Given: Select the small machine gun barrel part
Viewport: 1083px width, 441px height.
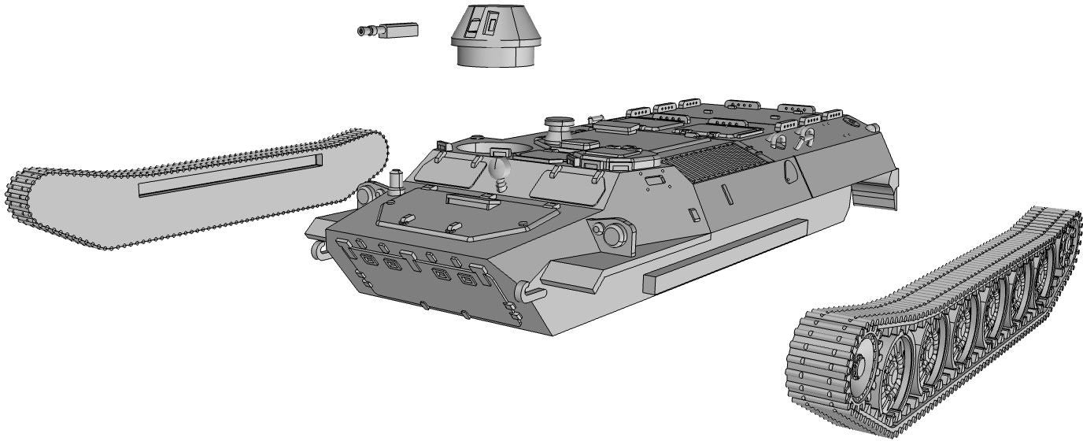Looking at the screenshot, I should [387, 31].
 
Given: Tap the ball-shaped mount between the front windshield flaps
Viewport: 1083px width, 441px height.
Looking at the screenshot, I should [499, 169].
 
